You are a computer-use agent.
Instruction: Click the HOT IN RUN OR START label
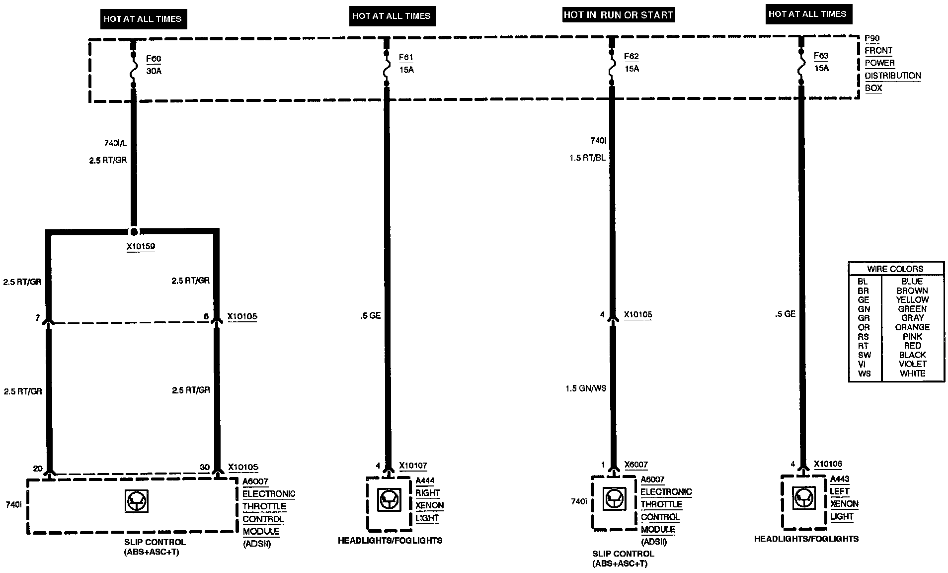point(618,15)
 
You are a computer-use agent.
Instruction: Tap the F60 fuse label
point(154,59)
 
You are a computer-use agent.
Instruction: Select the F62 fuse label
point(631,57)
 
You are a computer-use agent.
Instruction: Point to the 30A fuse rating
point(154,71)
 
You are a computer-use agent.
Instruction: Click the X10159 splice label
point(141,246)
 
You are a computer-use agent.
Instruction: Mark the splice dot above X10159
point(134,232)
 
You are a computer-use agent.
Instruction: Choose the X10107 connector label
point(413,466)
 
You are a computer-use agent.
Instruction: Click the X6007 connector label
point(635,465)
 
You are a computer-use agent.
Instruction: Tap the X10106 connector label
point(828,465)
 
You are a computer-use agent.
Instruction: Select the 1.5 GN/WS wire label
point(586,388)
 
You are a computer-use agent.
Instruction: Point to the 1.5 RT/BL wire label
point(587,158)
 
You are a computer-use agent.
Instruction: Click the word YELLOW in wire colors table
point(912,300)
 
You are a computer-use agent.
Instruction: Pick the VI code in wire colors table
point(862,364)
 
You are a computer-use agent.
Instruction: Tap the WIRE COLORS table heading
point(895,269)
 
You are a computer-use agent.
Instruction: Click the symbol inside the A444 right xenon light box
point(389,499)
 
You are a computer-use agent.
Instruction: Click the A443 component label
point(840,479)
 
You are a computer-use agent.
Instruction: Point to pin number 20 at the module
point(38,469)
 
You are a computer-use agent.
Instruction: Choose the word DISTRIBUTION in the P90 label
point(893,76)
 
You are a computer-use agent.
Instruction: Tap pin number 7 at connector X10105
point(37,317)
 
